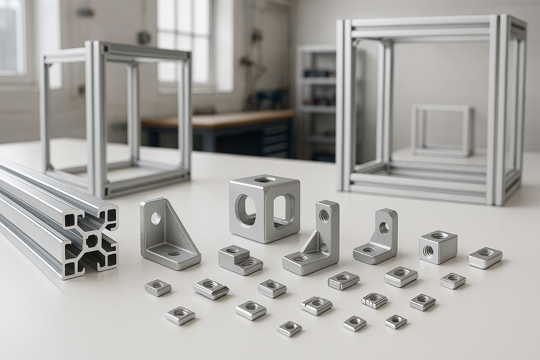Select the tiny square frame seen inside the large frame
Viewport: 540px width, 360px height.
pos(442,130)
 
